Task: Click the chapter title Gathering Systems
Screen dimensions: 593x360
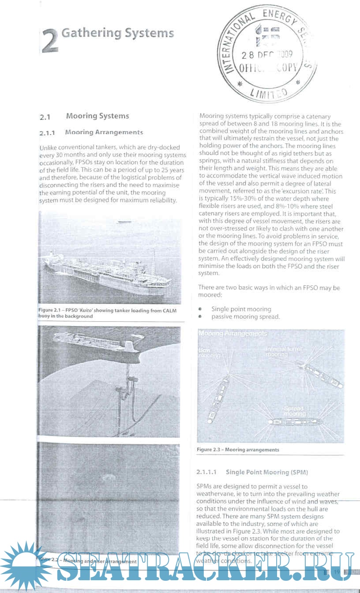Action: point(117,33)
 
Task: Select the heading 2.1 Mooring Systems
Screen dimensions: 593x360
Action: point(84,116)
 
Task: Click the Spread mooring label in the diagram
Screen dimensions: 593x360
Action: point(294,411)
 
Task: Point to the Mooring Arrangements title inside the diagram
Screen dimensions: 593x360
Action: point(232,334)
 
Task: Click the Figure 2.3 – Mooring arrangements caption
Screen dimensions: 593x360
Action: point(238,450)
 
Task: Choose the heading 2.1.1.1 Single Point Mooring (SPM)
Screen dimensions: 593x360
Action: point(252,472)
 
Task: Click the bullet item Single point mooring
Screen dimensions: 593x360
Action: point(241,309)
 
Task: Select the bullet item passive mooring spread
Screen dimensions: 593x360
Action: point(245,317)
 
